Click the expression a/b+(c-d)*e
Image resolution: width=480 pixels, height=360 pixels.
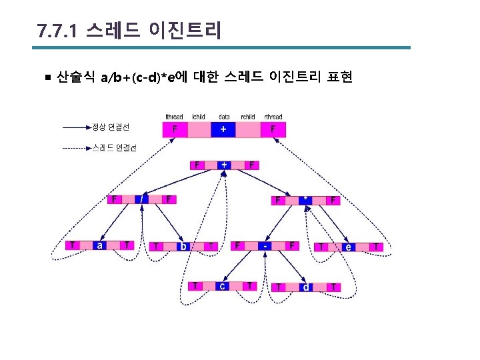pos(138,78)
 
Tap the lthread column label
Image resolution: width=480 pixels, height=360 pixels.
pos(175,117)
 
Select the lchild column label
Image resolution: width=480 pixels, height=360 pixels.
pos(199,117)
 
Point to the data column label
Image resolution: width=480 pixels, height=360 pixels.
pos(224,117)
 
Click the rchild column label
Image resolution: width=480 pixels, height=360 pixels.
pos(248,117)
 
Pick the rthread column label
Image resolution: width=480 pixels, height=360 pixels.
pos(273,117)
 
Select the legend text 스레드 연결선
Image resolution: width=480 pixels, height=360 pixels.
pos(113,148)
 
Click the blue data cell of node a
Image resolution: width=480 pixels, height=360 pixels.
pos(100,245)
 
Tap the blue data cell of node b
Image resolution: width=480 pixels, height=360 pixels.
pos(183,247)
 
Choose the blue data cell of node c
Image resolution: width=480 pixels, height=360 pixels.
pos(222,286)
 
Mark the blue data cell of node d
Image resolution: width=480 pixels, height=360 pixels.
pos(305,287)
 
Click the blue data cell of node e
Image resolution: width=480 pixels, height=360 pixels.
pos(348,247)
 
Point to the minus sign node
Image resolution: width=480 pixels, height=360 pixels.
pos(265,245)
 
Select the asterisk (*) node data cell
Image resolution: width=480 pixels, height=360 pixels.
pos(305,199)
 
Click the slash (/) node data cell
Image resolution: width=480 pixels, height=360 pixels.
pos(141,199)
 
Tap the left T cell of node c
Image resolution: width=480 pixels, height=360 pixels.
pos(195,286)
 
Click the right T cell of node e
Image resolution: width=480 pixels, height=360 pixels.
pos(377,247)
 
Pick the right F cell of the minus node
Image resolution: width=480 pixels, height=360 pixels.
pos(292,245)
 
